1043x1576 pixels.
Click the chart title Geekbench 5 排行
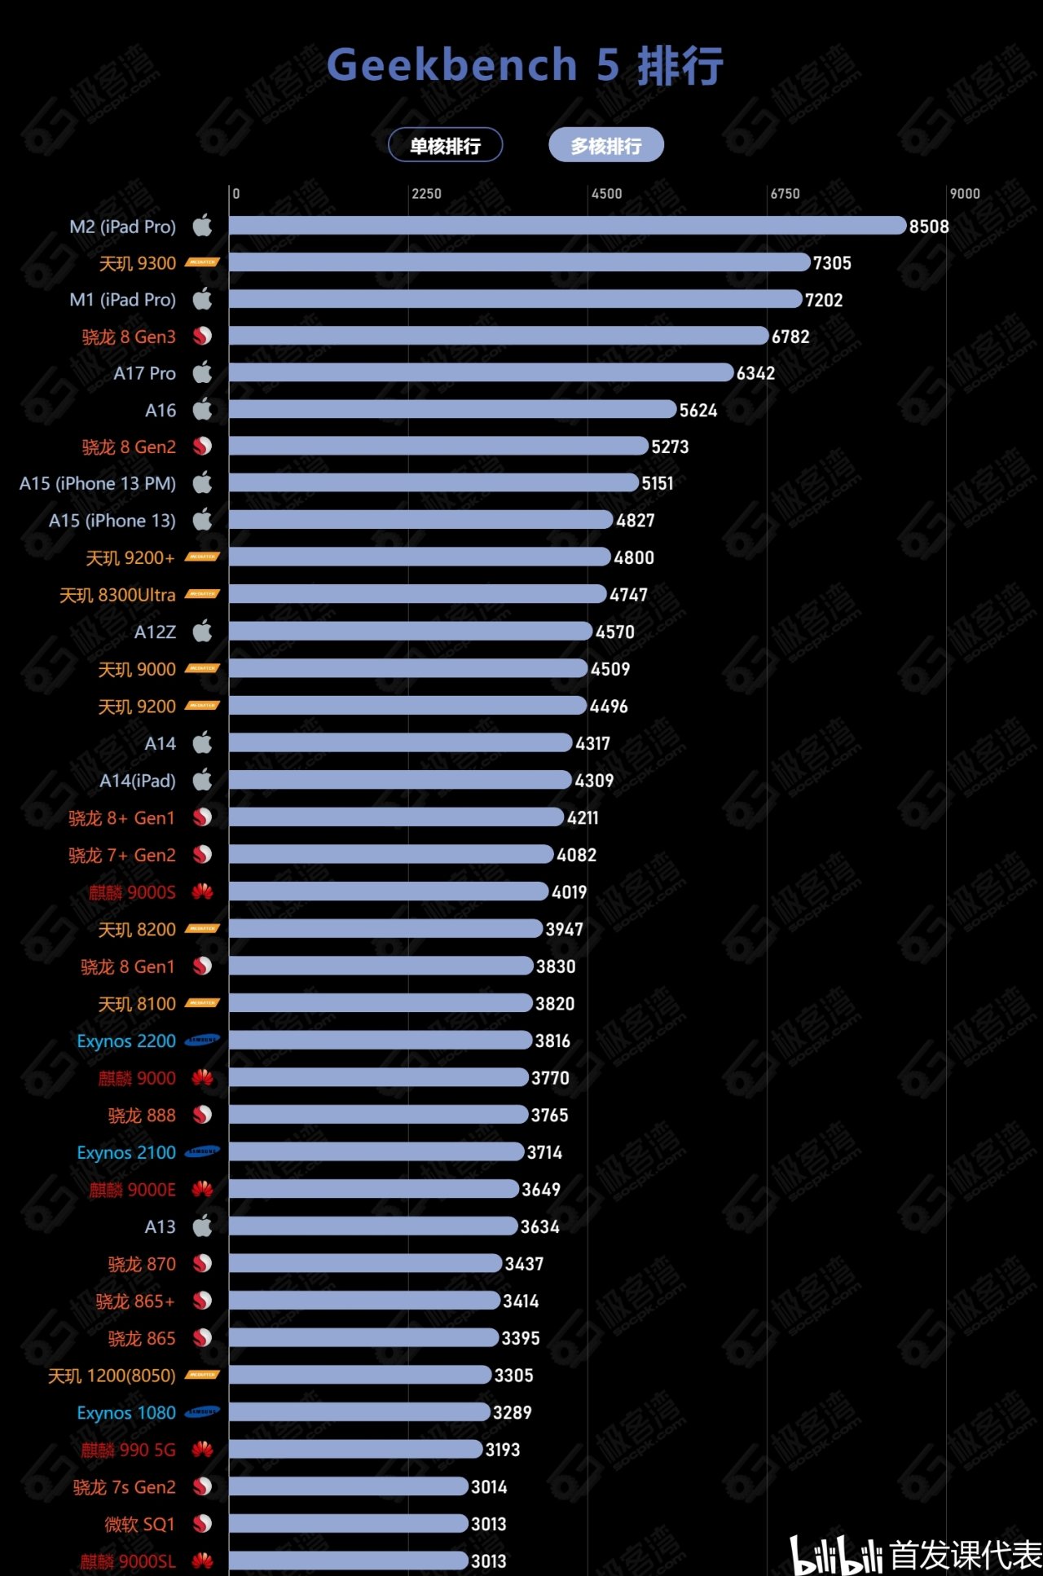(525, 65)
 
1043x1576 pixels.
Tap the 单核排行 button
(445, 146)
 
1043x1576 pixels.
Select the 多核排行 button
(605, 146)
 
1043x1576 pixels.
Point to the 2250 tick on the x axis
(426, 194)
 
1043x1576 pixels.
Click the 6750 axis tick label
(786, 194)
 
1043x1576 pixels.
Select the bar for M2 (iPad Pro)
(567, 226)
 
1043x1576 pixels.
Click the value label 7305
(832, 263)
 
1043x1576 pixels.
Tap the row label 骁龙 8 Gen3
(129, 337)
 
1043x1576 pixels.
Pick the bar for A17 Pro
(481, 373)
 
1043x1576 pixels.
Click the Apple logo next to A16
(202, 409)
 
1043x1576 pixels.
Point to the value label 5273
(670, 447)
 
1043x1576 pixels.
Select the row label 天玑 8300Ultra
(117, 596)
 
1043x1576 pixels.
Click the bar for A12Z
(411, 632)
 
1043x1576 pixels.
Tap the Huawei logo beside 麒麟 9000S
(202, 892)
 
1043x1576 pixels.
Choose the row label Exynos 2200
(126, 1041)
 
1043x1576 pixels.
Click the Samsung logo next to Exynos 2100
(202, 1152)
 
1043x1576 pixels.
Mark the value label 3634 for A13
(539, 1227)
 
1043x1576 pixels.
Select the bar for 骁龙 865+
(364, 1301)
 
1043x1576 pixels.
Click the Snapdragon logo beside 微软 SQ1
(202, 1524)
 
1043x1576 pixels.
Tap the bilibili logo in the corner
(836, 1555)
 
